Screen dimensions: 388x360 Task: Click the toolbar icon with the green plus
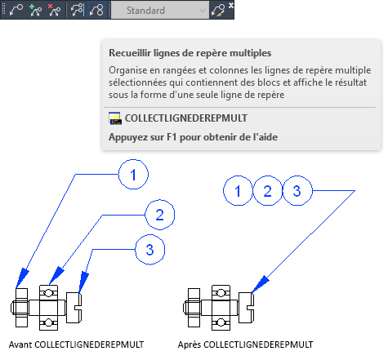(x=35, y=10)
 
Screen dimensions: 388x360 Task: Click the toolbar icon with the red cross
(x=54, y=10)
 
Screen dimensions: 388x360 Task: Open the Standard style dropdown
(x=160, y=11)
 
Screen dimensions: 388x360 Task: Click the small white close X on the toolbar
(x=231, y=5)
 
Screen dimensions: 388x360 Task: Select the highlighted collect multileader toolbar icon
(x=96, y=10)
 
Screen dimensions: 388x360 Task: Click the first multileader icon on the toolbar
(x=16, y=10)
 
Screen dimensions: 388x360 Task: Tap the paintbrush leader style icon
(x=218, y=11)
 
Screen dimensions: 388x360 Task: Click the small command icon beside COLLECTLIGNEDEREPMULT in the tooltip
(x=115, y=118)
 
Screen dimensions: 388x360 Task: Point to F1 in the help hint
(x=172, y=137)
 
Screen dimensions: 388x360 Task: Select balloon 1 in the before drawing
(x=133, y=175)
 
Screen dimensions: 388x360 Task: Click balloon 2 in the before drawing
(x=160, y=215)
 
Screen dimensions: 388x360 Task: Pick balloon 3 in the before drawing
(x=150, y=250)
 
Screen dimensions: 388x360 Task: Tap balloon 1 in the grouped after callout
(x=238, y=190)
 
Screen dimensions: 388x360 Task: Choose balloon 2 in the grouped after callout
(x=267, y=190)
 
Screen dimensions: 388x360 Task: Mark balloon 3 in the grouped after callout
(x=297, y=190)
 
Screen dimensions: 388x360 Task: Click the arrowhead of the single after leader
(x=260, y=284)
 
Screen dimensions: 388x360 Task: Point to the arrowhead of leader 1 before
(x=22, y=278)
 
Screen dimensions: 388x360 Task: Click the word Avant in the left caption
(x=20, y=344)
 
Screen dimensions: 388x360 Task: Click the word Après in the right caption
(x=190, y=344)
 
